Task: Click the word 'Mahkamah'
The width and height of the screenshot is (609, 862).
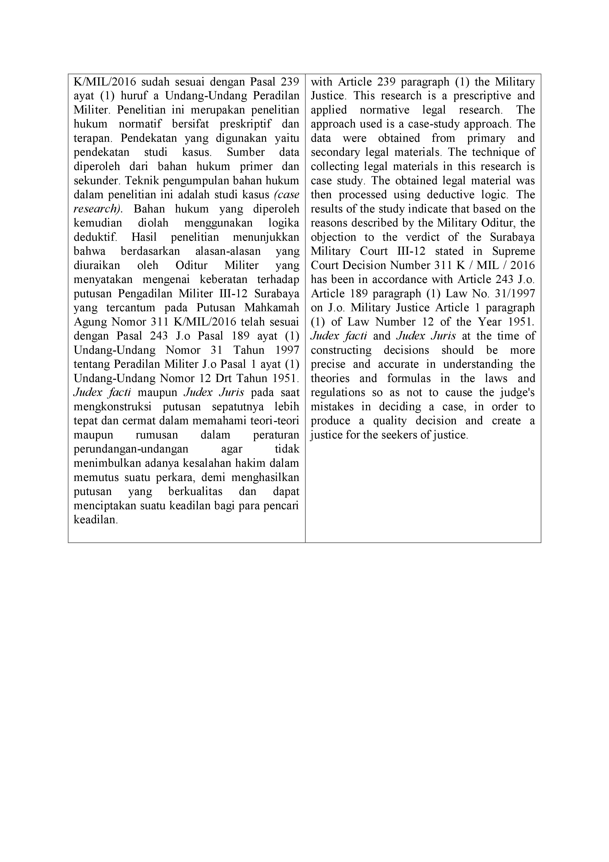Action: click(272, 308)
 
